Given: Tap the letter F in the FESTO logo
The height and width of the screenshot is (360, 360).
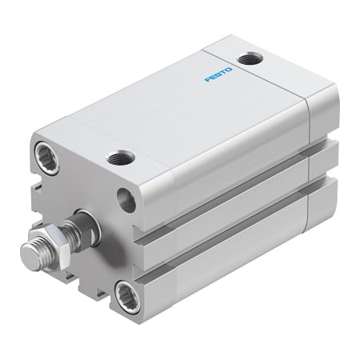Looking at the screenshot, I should tap(207, 80).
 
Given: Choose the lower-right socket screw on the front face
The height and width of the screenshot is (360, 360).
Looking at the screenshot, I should tap(126, 291).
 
